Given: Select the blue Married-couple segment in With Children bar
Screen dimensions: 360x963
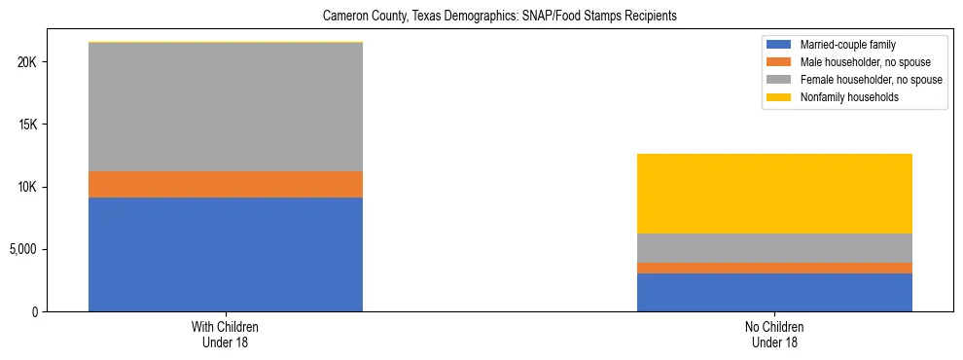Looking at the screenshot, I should point(226,254).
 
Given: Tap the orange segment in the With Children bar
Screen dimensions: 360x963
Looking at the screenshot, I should point(226,184).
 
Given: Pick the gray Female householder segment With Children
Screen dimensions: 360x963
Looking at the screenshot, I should point(226,107).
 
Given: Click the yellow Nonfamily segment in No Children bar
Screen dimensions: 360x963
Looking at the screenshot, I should point(774,194).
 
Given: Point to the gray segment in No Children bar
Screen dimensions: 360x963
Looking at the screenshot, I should point(774,248).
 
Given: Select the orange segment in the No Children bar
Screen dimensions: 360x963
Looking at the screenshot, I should point(774,268).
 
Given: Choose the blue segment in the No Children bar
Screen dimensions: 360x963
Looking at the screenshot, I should point(774,292).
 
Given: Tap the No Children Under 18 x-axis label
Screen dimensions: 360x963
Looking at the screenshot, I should point(774,335).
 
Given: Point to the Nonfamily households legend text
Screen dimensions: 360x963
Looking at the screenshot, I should point(843,97).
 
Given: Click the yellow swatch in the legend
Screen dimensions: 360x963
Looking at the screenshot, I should point(779,97).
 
